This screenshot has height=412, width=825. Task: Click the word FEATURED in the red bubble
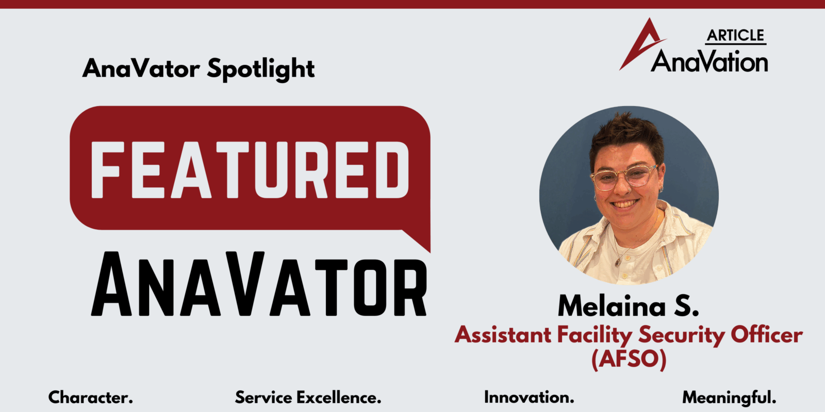click(x=250, y=169)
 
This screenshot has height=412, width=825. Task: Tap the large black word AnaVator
click(x=259, y=284)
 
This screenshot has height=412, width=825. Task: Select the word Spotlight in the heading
click(x=261, y=69)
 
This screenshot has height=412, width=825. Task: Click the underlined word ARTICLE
click(x=735, y=36)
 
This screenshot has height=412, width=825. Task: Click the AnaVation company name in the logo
click(x=709, y=61)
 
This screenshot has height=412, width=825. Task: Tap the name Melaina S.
click(x=629, y=306)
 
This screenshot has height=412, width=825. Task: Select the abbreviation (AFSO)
click(x=629, y=358)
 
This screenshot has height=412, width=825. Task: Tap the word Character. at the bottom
click(x=91, y=397)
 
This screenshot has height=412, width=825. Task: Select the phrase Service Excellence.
click(x=308, y=397)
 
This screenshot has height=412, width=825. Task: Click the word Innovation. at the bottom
click(x=529, y=397)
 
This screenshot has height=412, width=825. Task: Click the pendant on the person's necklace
click(x=618, y=262)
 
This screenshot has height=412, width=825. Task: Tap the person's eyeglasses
click(x=625, y=177)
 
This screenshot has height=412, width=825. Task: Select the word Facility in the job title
click(x=595, y=335)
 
